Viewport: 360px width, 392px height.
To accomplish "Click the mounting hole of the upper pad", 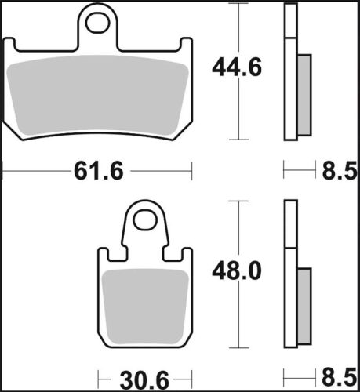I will point(99,24).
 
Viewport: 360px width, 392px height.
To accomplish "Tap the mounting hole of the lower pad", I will point(144,220).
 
